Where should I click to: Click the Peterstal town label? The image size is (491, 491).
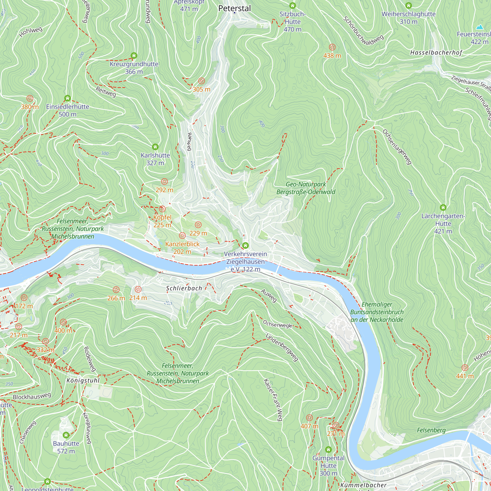(234, 8)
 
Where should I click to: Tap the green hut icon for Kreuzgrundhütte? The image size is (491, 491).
(134, 55)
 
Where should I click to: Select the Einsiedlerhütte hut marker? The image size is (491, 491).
(67, 98)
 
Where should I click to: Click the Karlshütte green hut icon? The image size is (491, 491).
(155, 147)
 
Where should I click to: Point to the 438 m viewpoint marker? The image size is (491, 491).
(332, 47)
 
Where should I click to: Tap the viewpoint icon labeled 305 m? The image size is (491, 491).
(201, 81)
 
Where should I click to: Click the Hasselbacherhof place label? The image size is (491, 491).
(436, 53)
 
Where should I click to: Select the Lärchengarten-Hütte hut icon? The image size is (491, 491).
(443, 207)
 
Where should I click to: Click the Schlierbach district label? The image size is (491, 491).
(184, 288)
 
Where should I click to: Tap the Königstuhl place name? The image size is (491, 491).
(83, 381)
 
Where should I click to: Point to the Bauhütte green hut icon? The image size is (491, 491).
(66, 435)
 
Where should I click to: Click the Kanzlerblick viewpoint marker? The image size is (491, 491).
(182, 236)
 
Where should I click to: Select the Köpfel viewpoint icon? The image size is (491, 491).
(162, 209)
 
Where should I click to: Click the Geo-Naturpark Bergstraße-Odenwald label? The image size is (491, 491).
(306, 188)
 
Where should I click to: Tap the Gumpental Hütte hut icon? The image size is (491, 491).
(328, 450)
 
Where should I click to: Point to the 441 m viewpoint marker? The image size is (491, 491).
(464, 368)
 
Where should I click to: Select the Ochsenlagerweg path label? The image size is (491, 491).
(397, 147)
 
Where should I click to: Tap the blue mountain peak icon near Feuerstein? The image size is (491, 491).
(479, 27)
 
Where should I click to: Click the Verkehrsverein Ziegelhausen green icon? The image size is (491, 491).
(245, 245)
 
